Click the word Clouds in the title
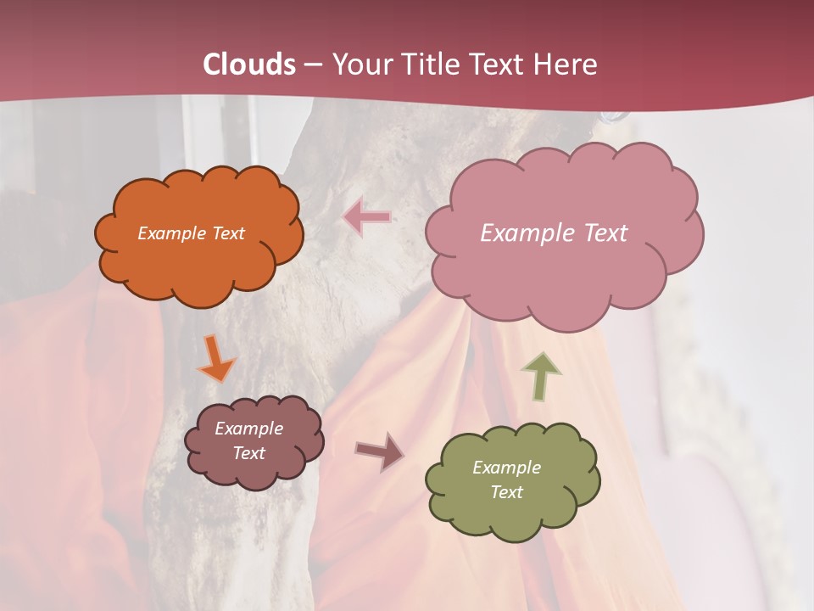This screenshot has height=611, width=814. pyautogui.click(x=249, y=64)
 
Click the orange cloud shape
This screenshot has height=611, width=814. pyautogui.click(x=198, y=263)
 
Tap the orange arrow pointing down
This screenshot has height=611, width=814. pyautogui.click(x=216, y=358)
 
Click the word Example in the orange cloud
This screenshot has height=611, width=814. pyautogui.click(x=171, y=233)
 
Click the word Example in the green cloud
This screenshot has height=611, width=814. pyautogui.click(x=506, y=468)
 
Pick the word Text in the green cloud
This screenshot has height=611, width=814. pyautogui.click(x=506, y=492)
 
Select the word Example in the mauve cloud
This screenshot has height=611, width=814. pyautogui.click(x=248, y=429)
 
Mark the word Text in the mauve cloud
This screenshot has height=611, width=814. pyautogui.click(x=248, y=453)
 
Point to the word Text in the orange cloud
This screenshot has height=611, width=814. pyautogui.click(x=227, y=233)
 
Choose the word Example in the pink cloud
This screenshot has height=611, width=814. pyautogui.click(x=524, y=233)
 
